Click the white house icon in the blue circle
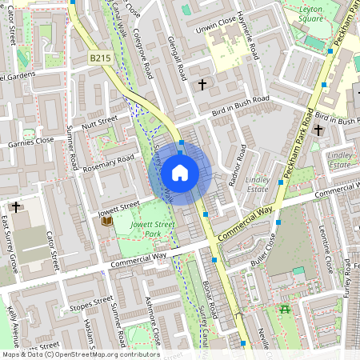point(180,173)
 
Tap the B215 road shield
point(100,58)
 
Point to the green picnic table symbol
point(284,309)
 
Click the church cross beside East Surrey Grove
point(16,206)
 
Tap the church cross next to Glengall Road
point(202,83)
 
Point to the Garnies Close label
point(30,142)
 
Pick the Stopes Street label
point(90,303)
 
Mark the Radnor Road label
point(238,165)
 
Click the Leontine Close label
point(326,250)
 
